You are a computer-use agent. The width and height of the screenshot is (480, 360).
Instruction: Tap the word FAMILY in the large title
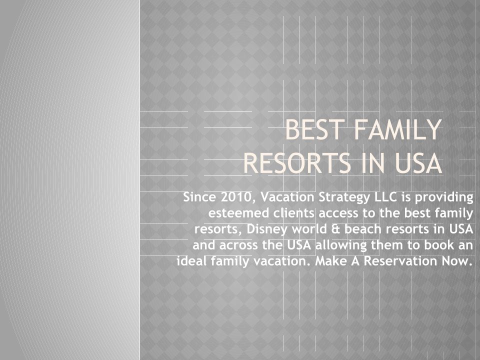398,130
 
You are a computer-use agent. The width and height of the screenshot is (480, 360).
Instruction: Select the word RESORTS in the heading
297,163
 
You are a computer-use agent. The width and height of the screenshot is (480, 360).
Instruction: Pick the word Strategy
344,198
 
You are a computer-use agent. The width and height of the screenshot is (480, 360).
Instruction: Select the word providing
444,198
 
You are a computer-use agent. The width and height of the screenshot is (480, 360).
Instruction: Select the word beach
363,229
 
